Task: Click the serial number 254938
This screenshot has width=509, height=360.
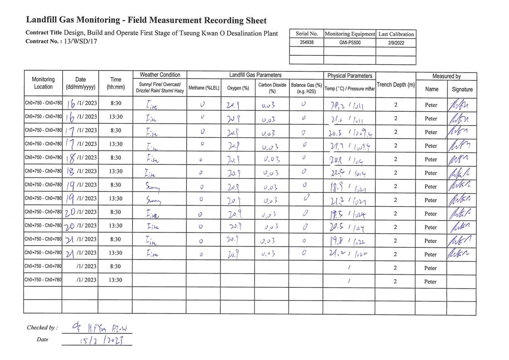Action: [307, 43]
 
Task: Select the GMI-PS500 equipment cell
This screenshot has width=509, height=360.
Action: [349, 43]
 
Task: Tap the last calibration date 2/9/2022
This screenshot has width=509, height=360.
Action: [396, 43]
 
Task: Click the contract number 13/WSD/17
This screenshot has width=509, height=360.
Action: [80, 41]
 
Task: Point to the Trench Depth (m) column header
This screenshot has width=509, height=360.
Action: [396, 85]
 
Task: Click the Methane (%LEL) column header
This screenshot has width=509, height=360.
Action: [203, 88]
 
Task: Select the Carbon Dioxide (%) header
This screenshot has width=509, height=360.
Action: [272, 88]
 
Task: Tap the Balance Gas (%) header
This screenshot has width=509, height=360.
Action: [306, 88]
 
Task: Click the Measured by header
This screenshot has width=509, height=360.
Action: [446, 76]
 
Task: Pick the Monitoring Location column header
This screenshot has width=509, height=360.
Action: [44, 83]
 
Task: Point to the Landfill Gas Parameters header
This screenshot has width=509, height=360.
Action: [255, 75]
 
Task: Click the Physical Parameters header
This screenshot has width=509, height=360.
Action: [349, 76]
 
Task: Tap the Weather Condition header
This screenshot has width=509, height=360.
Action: [160, 75]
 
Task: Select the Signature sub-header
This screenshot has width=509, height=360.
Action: [462, 89]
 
